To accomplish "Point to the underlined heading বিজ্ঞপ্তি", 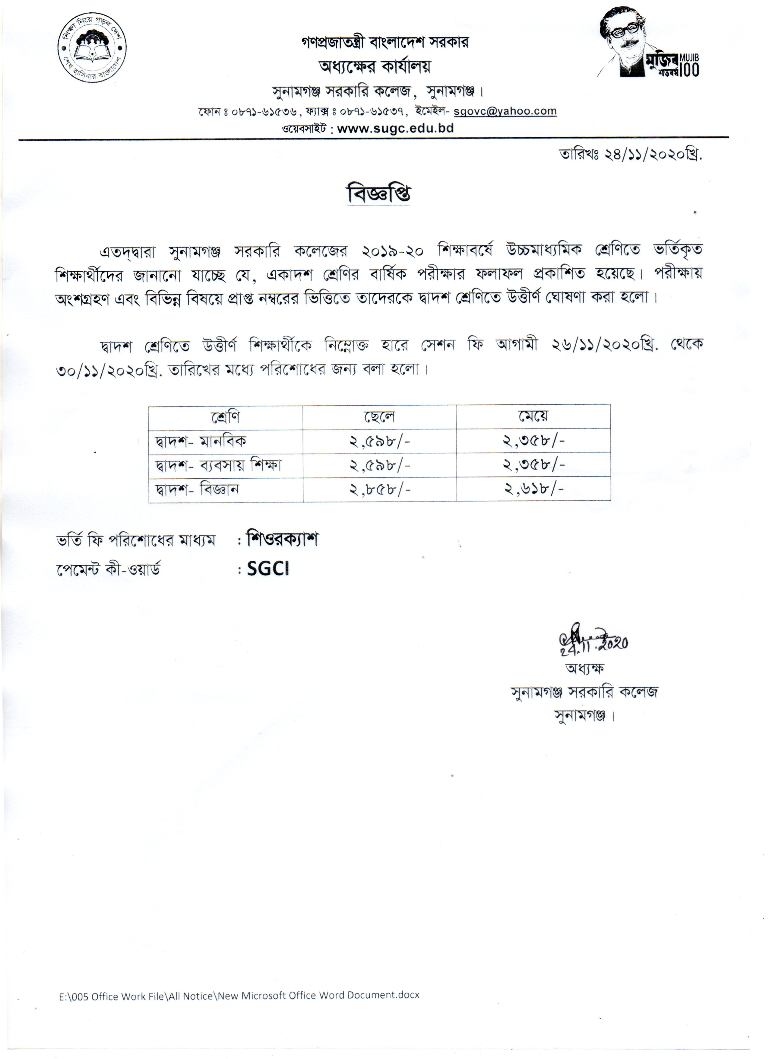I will tap(378, 193).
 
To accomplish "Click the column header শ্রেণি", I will tap(225, 417).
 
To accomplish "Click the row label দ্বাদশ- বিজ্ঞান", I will tap(198, 489).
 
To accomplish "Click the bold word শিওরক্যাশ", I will tap(283, 539).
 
